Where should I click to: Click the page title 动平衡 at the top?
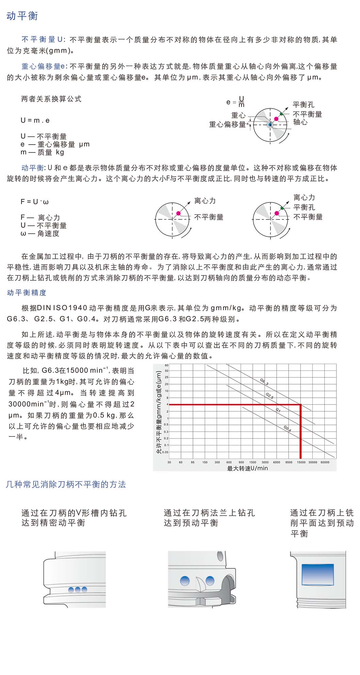click(22, 16)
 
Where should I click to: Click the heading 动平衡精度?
click(27, 293)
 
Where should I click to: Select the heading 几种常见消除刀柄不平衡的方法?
click(66, 484)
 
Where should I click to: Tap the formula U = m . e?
click(35, 120)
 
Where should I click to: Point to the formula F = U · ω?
click(34, 202)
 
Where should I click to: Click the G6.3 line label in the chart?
click(264, 382)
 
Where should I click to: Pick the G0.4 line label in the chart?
click(288, 429)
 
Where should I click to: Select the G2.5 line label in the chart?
click(269, 396)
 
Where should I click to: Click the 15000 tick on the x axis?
click(301, 462)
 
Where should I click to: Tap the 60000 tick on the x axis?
click(325, 462)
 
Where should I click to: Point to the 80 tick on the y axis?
click(167, 365)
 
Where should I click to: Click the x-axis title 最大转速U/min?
click(247, 468)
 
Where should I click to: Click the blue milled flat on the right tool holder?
click(318, 575)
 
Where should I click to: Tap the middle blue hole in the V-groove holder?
click(78, 590)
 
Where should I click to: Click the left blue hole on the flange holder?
click(185, 580)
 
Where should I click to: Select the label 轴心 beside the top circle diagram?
click(300, 122)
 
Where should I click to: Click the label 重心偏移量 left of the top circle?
click(227, 125)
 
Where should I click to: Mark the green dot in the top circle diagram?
click(281, 114)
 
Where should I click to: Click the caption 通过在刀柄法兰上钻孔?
click(209, 513)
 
